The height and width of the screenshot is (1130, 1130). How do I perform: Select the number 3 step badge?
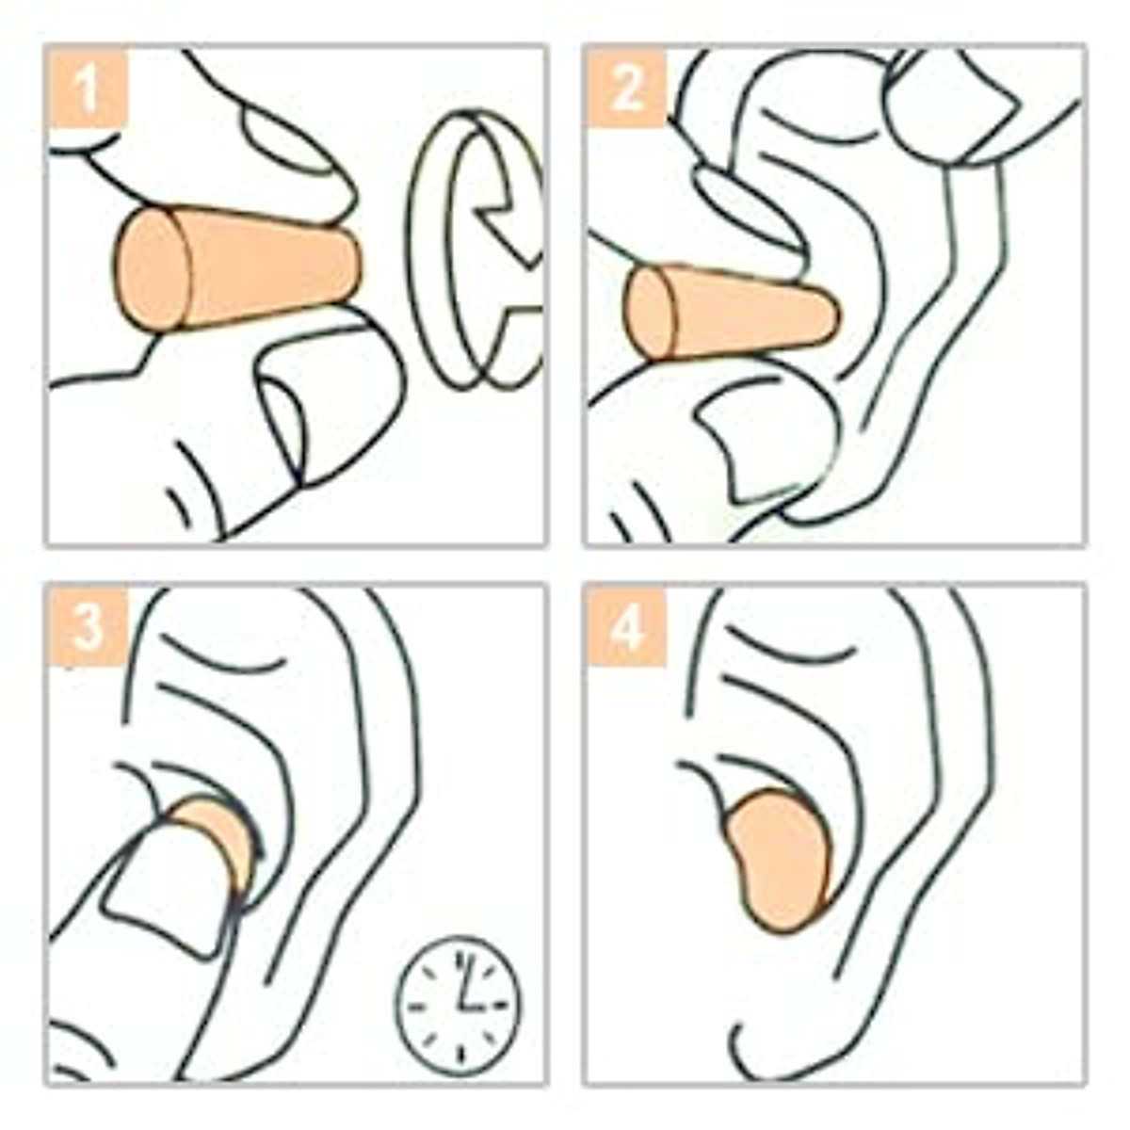[88, 626]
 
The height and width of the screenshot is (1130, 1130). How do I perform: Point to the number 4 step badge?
[625, 626]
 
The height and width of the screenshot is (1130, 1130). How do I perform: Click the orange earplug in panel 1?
[235, 268]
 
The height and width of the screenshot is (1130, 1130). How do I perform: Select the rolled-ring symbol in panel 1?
[476, 250]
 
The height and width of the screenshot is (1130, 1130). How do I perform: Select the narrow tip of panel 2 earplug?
[824, 315]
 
